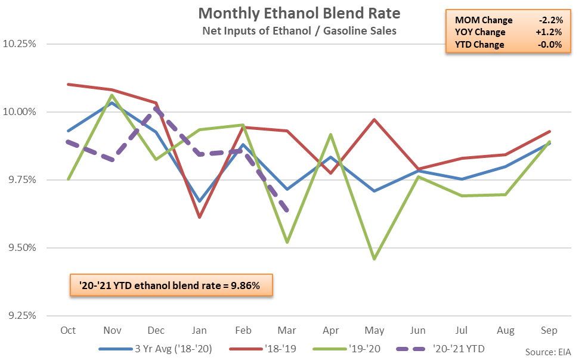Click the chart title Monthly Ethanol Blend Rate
(290, 13)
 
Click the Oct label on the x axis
(68, 330)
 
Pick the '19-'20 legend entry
(366, 347)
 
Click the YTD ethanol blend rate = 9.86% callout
(171, 286)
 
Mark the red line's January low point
(200, 217)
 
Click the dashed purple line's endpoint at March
(288, 210)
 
